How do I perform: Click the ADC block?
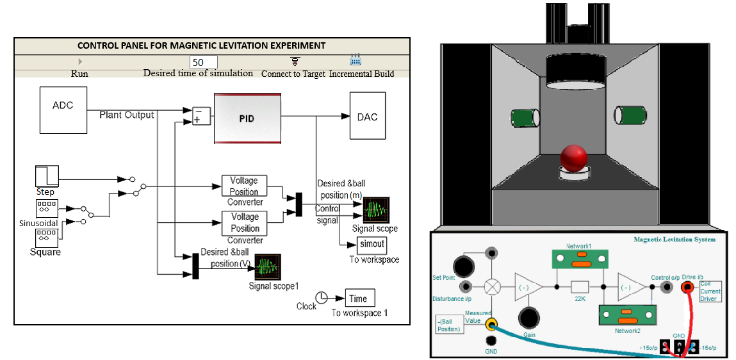[x=63, y=111]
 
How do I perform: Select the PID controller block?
[x=247, y=118]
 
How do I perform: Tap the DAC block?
[x=368, y=116]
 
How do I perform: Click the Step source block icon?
[x=46, y=176]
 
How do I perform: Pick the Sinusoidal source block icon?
[x=46, y=209]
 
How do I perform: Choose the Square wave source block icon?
[x=46, y=238]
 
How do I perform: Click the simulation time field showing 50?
[x=203, y=62]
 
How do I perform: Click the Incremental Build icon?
[x=356, y=61]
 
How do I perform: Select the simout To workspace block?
[x=372, y=245]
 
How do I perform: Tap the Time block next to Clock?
[x=358, y=298]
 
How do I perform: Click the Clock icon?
[x=322, y=297]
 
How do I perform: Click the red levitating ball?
[x=574, y=157]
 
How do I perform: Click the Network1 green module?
[x=578, y=260]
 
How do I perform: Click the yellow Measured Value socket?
[x=491, y=323]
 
